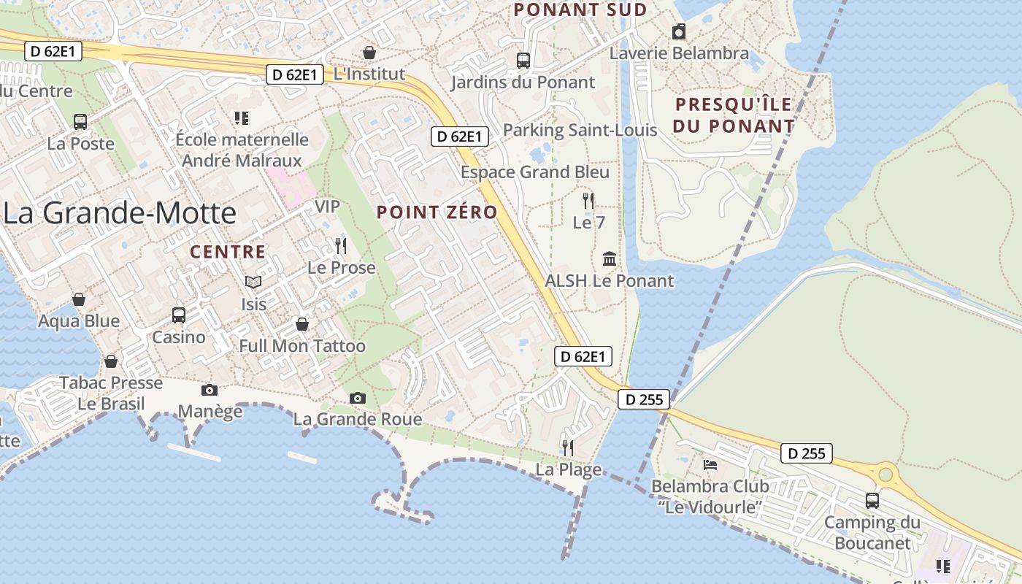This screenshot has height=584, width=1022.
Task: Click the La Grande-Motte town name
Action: click(x=120, y=213)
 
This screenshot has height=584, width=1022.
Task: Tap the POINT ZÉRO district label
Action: click(x=437, y=212)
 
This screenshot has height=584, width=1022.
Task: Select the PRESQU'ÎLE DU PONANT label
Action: click(x=733, y=115)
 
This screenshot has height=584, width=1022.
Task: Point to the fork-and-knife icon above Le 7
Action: click(x=588, y=200)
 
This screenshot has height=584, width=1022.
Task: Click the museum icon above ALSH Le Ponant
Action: click(x=610, y=258)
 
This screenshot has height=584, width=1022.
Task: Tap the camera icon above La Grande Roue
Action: click(x=357, y=398)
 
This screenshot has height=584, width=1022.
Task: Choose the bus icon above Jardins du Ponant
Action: click(x=523, y=60)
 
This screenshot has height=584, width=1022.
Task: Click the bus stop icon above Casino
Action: click(x=179, y=315)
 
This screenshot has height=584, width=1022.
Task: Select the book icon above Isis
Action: click(x=253, y=282)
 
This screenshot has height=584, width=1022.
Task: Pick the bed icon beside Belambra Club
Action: click(x=710, y=464)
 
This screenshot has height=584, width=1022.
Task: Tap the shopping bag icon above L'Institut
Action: click(x=369, y=53)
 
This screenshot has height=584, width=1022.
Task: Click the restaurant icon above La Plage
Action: click(x=568, y=447)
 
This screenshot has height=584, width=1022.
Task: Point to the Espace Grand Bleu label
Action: click(x=534, y=172)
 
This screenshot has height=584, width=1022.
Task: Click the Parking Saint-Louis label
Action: click(x=580, y=130)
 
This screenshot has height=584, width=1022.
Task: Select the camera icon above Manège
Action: click(x=210, y=390)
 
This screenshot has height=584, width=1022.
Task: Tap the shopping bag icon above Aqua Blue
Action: click(x=79, y=299)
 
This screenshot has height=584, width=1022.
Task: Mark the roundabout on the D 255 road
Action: click(x=886, y=474)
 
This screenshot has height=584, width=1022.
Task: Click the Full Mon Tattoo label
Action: click(x=302, y=345)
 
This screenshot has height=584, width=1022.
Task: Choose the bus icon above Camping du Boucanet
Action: click(x=872, y=501)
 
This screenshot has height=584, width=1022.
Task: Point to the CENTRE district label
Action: click(x=228, y=252)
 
